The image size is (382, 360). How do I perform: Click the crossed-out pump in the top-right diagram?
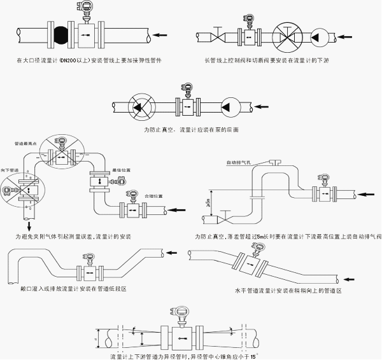287,36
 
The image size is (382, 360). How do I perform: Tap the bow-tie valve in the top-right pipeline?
218,36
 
